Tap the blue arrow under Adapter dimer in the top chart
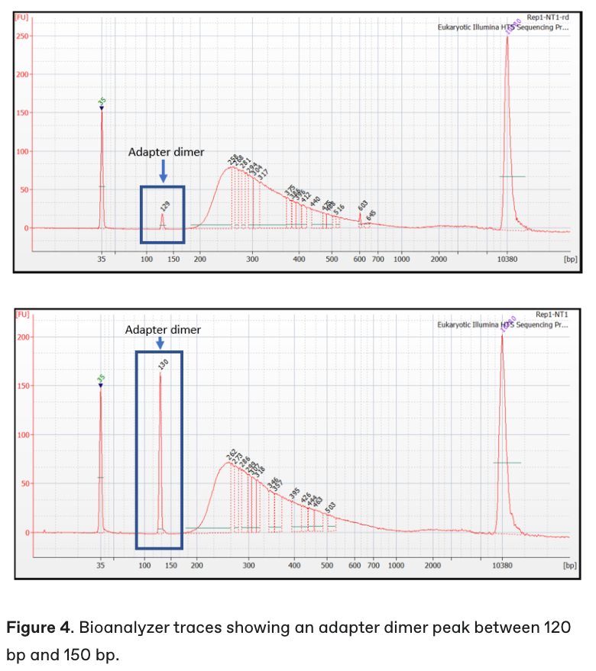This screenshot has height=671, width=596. (x=162, y=175)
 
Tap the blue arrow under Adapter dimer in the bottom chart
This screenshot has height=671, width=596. (x=160, y=344)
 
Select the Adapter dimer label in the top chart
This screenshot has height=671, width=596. (x=166, y=152)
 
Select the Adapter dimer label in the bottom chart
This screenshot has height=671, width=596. (x=163, y=330)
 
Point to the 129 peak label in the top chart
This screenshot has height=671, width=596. (x=165, y=205)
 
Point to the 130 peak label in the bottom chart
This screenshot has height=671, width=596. (x=162, y=364)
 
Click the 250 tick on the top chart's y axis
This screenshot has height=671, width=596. (x=21, y=37)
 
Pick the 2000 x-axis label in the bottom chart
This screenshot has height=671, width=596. (x=433, y=566)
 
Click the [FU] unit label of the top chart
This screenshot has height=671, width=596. (x=21, y=17)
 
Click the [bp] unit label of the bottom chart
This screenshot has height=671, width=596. (x=569, y=566)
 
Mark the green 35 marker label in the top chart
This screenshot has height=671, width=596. (x=102, y=101)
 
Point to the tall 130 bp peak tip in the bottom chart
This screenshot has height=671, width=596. (x=160, y=373)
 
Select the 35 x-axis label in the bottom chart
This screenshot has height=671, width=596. (x=101, y=566)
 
